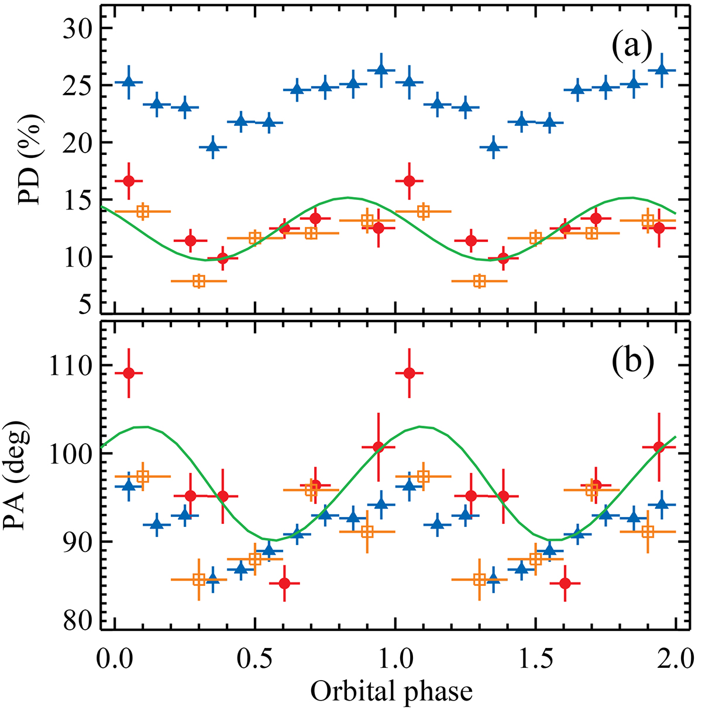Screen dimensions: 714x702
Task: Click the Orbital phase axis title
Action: [391, 692]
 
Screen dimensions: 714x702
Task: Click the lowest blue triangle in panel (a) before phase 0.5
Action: [213, 147]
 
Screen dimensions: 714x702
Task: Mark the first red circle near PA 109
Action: [129, 373]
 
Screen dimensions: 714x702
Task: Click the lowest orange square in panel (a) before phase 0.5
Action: [199, 281]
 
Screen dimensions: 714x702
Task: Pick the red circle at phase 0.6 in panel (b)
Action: [284, 583]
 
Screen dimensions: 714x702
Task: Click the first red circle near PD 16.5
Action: [129, 181]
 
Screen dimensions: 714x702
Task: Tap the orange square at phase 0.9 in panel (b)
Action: [367, 532]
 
